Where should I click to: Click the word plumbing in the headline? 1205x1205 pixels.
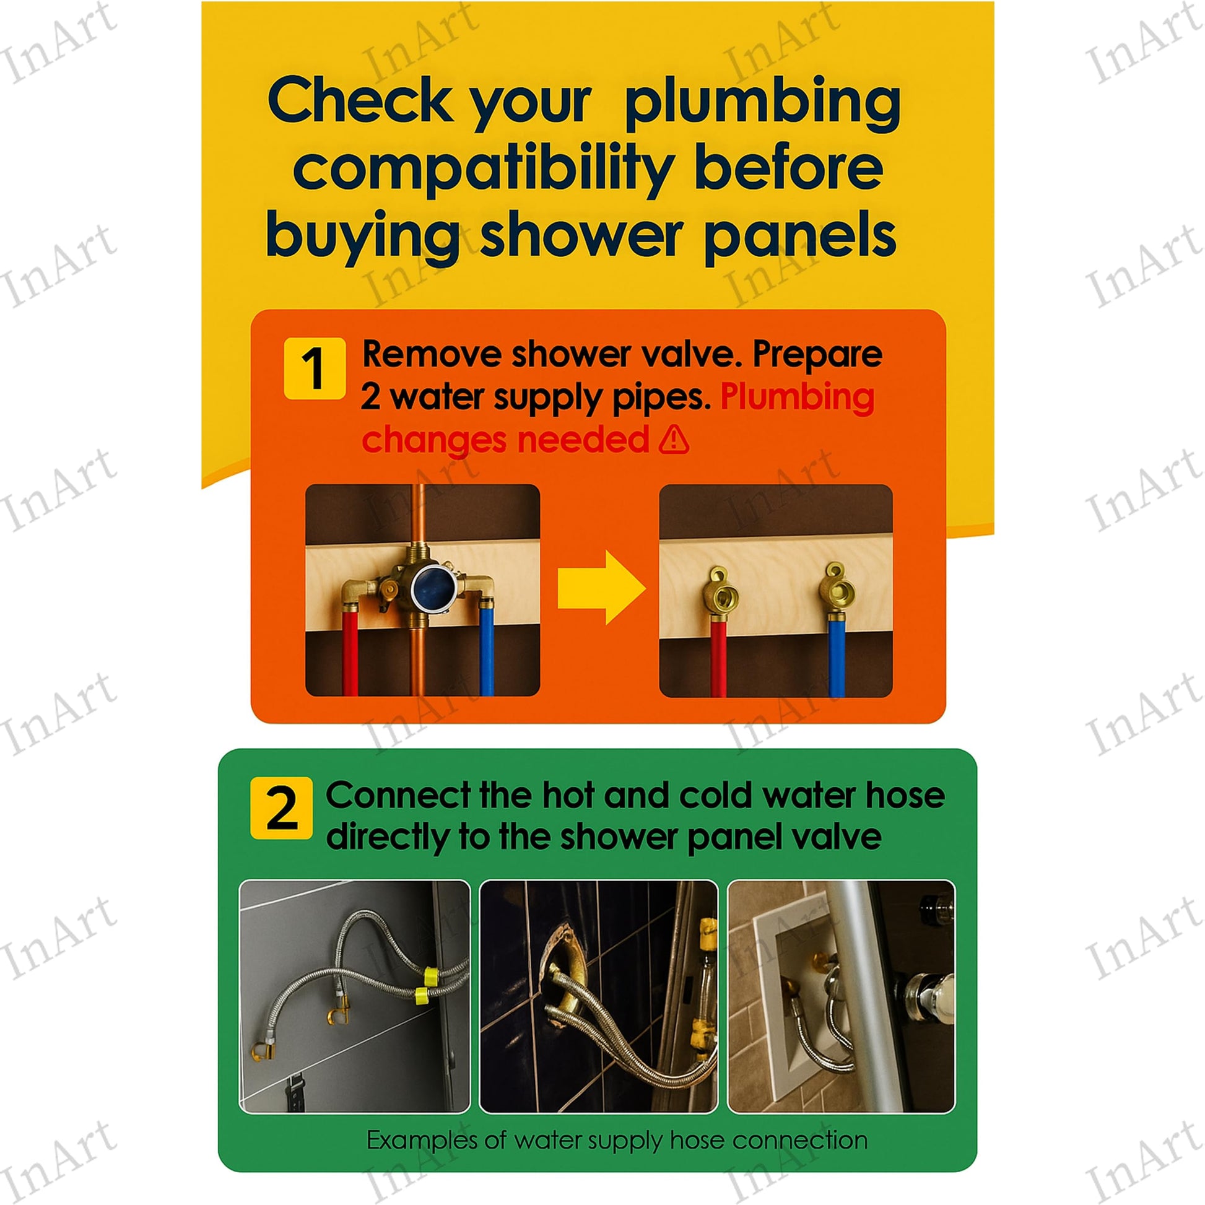(762, 103)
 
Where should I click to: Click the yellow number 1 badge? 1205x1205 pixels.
(315, 368)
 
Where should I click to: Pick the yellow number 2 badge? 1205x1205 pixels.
(281, 807)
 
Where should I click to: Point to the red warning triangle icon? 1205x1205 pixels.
(674, 439)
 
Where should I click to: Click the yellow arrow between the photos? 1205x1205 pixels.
(602, 587)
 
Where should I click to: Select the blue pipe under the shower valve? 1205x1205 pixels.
(487, 649)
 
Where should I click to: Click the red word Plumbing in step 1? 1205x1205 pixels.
(798, 398)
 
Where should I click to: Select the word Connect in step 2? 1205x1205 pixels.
(398, 795)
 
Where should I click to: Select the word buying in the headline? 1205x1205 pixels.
(362, 238)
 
